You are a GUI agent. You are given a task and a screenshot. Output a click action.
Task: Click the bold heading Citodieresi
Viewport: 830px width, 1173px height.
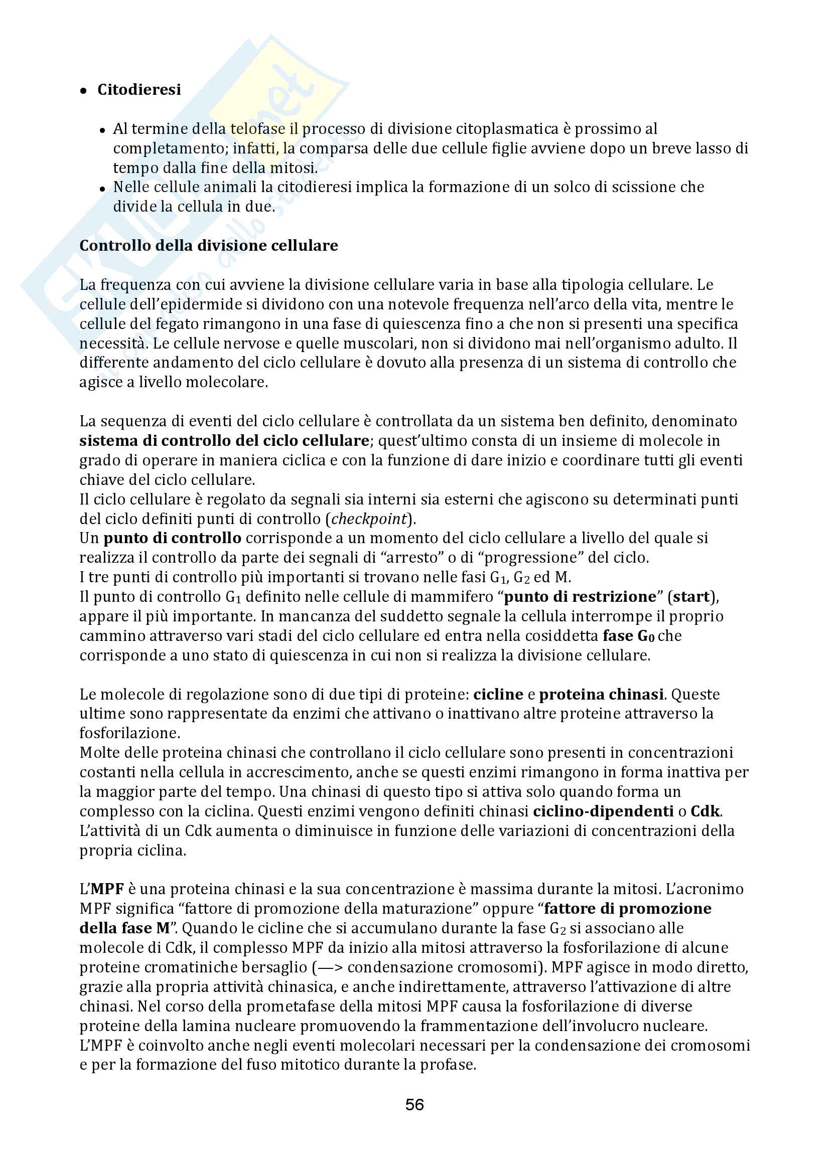[x=139, y=90]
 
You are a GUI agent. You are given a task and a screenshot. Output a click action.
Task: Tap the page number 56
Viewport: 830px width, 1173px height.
[x=414, y=1105]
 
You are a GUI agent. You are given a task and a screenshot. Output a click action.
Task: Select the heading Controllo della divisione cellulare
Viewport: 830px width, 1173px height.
[x=209, y=246]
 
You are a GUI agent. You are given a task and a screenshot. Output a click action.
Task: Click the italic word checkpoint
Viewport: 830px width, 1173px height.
[x=370, y=519]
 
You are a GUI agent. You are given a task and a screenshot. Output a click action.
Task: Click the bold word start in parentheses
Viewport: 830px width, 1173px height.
[x=691, y=597]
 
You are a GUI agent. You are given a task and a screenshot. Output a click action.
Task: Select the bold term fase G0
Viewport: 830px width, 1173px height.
[x=629, y=636]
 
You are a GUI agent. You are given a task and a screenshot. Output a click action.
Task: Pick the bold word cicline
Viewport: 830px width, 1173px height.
[x=498, y=694]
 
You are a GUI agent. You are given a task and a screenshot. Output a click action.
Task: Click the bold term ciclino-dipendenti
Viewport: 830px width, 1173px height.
[x=603, y=811]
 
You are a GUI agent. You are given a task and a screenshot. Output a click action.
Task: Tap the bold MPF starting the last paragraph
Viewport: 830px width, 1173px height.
[x=108, y=889]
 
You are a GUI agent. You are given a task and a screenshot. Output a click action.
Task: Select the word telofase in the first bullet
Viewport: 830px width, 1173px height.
[x=257, y=129]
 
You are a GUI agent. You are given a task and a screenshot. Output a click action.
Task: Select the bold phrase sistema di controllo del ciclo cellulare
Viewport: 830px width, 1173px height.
[x=224, y=440]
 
